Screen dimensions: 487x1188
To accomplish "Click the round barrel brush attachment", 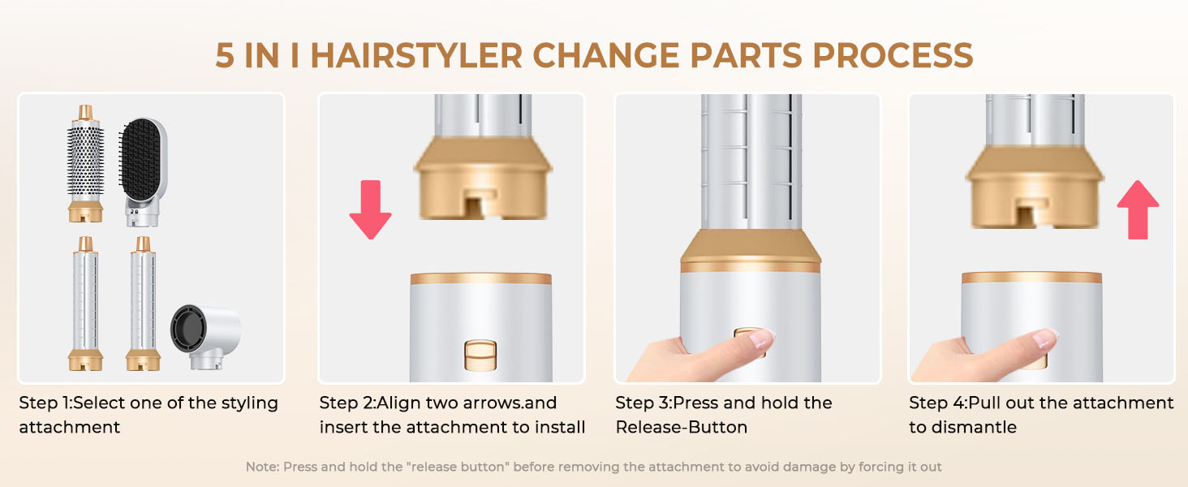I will pyautogui.click(x=85, y=166).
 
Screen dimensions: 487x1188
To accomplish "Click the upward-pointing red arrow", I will pyautogui.click(x=1138, y=209).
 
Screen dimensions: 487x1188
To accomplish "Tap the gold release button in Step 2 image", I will pyautogui.click(x=480, y=355).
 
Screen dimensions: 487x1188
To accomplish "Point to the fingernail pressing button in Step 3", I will pyautogui.click(x=762, y=339).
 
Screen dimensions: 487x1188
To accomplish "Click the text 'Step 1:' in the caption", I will pyautogui.click(x=45, y=403).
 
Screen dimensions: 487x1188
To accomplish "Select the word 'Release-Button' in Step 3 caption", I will pyautogui.click(x=681, y=427).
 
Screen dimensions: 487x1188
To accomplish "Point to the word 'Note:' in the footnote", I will pyautogui.click(x=262, y=467).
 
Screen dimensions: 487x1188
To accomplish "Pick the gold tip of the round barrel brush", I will pyautogui.click(x=85, y=113).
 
